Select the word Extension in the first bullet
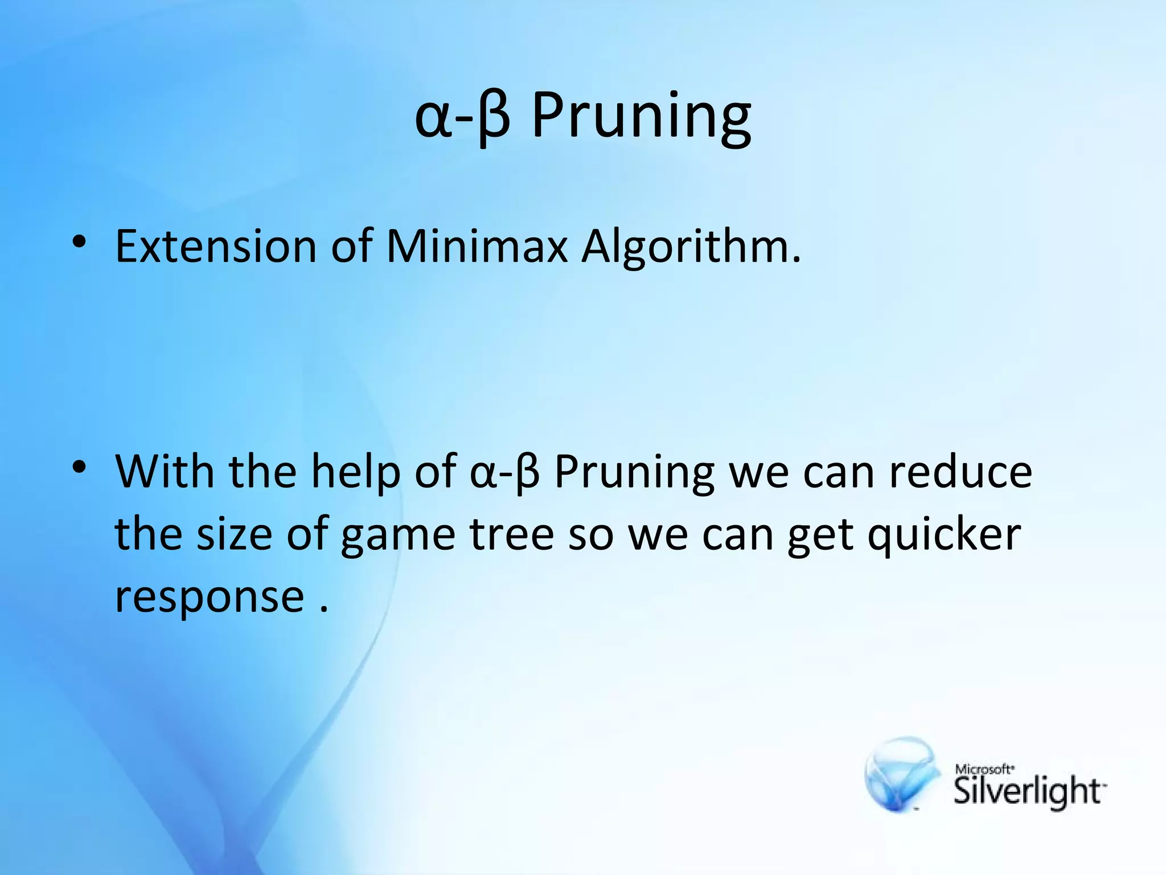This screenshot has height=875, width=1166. click(x=215, y=247)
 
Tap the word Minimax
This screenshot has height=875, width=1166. click(x=477, y=247)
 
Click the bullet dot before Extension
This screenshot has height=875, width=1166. click(x=79, y=243)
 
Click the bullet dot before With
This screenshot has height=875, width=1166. click(x=79, y=468)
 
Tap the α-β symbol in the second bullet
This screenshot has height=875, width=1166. click(x=504, y=473)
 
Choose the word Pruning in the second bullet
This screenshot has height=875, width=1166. click(x=634, y=473)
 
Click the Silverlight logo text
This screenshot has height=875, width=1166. click(x=1028, y=791)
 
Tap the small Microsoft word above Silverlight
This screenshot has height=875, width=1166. click(x=983, y=769)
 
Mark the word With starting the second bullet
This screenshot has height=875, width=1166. click(x=165, y=473)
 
